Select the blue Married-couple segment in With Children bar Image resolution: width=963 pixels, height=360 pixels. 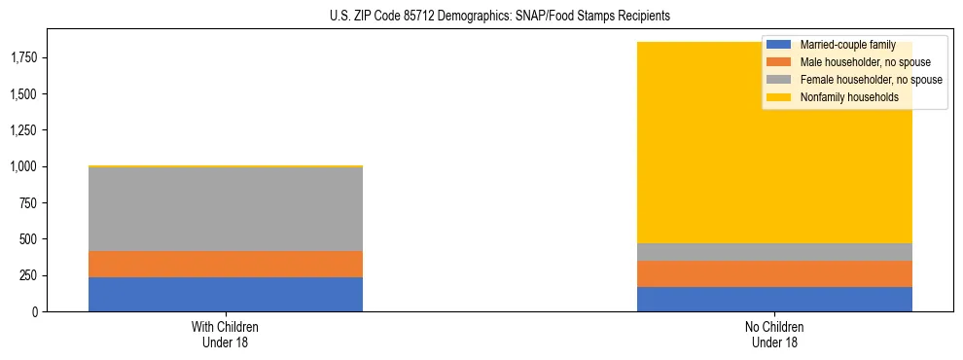coord(226,294)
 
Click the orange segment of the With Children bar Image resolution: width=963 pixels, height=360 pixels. coord(226,264)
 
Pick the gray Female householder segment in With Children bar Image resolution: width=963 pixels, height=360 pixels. coord(226,209)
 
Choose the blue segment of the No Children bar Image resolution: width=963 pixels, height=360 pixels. coord(774,299)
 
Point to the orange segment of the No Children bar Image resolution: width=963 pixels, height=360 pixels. coord(774,273)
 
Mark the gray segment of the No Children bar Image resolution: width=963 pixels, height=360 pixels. coord(774,252)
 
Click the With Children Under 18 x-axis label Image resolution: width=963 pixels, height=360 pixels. coord(226,334)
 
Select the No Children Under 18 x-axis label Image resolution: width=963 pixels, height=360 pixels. coord(774,334)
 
